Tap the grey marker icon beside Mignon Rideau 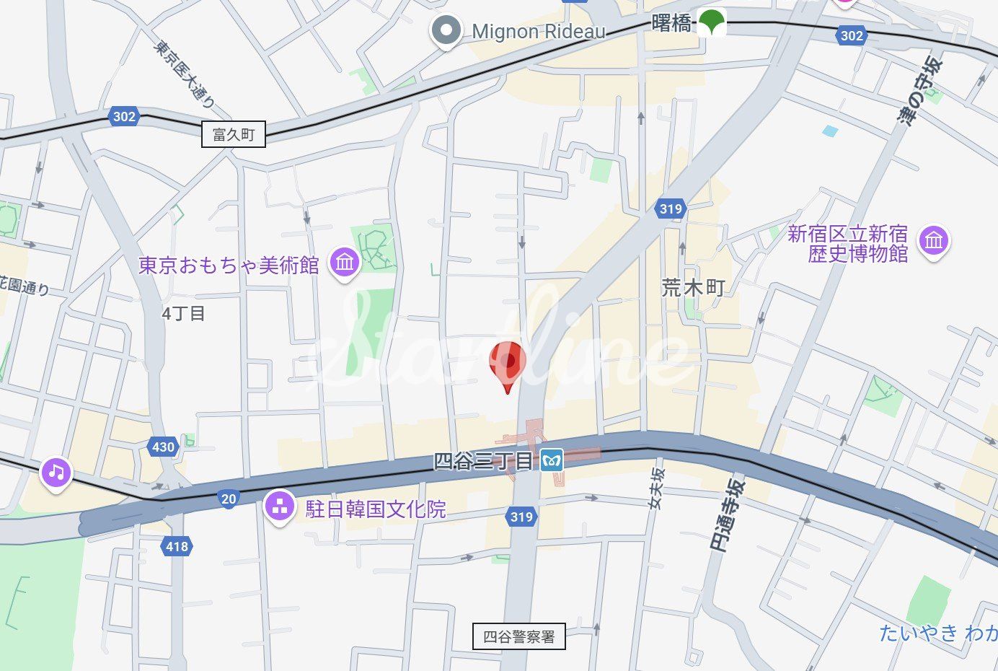pos(446,31)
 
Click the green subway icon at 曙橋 pos(711,23)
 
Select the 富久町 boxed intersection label pos(233,134)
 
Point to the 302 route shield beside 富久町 pos(124,116)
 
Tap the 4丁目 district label pos(183,313)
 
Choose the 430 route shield pos(163,447)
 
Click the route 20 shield pos(229,499)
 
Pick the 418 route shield pos(177,546)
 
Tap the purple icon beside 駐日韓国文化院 pos(280,506)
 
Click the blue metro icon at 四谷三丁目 pos(552,460)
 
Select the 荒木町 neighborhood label pos(693,288)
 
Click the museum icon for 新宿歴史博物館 pos(934,241)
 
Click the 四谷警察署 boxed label pos(519,636)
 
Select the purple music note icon pos(56,473)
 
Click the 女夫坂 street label pos(656,488)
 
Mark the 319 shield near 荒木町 pos(670,209)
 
